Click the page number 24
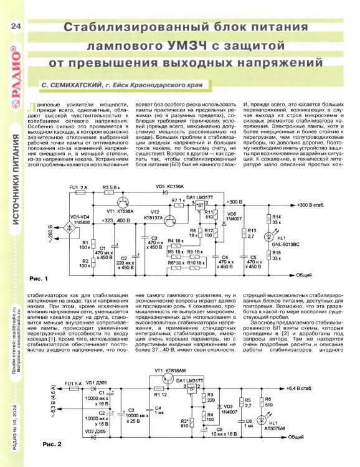coord(16,26)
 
